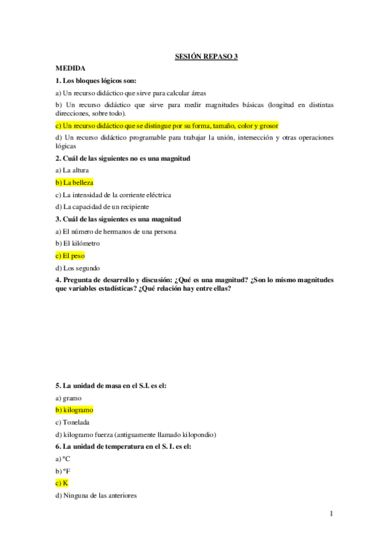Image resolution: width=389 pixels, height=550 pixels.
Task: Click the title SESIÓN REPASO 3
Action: tap(207, 57)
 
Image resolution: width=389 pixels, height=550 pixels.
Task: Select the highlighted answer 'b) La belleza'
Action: tap(75, 182)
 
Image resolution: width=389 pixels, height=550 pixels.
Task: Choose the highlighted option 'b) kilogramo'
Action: tap(75, 410)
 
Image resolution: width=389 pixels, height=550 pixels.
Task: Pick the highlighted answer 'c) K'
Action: tap(62, 484)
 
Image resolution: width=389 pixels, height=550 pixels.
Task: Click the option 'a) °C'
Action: tap(63, 459)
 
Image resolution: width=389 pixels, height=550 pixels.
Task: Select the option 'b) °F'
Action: tap(63, 472)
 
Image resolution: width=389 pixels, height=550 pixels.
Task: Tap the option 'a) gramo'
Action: tap(69, 398)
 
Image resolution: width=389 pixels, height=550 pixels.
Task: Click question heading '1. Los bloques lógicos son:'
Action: tap(100, 80)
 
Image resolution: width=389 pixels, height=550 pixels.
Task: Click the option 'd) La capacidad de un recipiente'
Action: tap(102, 207)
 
